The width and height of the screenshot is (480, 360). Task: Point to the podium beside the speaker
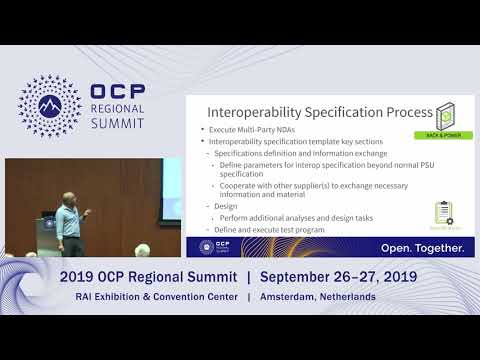(x=52, y=231)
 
